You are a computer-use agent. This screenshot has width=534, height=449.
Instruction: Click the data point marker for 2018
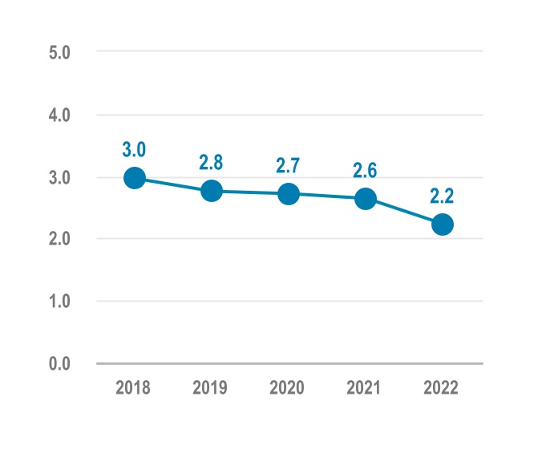pos(135,178)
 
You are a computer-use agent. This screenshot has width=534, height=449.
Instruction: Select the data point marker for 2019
pos(212,191)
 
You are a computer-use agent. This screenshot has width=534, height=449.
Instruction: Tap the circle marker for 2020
pos(289,194)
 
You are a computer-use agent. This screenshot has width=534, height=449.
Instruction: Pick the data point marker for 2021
pos(366,199)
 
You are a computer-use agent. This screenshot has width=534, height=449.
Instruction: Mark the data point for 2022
pos(442,224)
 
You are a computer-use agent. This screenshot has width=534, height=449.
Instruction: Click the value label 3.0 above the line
pos(135,149)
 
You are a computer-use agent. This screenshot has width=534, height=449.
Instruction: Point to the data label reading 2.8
pos(212,162)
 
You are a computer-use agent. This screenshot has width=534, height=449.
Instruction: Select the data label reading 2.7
pos(289,166)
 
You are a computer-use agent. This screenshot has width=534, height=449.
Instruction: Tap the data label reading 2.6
pos(366,170)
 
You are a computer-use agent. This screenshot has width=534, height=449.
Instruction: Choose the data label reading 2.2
pos(442,196)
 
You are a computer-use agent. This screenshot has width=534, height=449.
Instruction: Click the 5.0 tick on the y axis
pos(61,53)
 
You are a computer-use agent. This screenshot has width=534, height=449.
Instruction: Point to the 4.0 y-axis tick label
pos(61,115)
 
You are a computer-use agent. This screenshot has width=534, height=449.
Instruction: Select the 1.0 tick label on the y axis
pos(61,301)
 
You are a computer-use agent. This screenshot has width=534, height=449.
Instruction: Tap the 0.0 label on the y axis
pos(61,364)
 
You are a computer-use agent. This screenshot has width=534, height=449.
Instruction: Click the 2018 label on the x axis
pos(135,388)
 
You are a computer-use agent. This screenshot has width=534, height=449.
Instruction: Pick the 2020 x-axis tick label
pos(289,388)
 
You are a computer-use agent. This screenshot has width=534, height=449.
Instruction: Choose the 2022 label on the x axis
pos(442,388)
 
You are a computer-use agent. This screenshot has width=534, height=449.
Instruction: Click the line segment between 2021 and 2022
pos(404,212)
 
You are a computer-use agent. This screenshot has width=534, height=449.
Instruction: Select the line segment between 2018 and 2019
pos(173,184)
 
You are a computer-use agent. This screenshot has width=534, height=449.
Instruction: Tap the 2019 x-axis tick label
pos(212,388)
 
